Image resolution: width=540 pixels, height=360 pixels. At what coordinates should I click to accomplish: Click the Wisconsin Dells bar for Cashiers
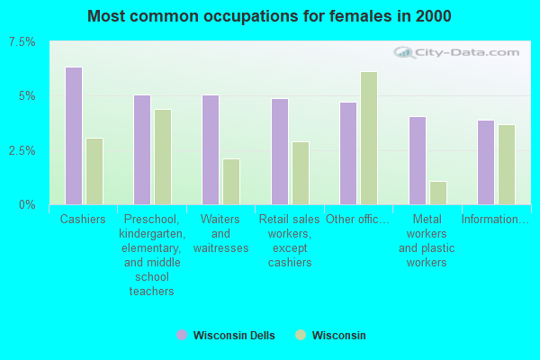pos(74,136)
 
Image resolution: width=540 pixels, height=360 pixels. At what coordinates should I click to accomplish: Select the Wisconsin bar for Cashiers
pos(94,171)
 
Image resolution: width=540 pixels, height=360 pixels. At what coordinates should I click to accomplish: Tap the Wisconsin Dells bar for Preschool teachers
pos(142,149)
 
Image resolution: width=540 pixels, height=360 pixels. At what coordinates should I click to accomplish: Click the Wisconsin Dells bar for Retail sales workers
pos(280,151)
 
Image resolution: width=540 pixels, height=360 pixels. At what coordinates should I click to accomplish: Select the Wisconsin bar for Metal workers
pos(438,193)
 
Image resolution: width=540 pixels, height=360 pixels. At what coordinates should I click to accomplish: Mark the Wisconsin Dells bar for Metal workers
pos(418,160)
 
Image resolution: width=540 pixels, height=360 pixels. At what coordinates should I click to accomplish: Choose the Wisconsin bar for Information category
pos(507,165)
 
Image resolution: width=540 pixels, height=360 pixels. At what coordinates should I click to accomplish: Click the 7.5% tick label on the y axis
pos(22,42)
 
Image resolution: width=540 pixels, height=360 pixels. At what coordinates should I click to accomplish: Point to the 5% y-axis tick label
pos(26,96)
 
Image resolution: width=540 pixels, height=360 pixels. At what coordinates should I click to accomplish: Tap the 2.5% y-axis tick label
pos(22,150)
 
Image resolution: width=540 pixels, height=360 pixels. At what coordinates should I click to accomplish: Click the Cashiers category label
pos(83,220)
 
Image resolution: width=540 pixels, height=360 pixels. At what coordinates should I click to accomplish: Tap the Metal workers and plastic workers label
pos(427,241)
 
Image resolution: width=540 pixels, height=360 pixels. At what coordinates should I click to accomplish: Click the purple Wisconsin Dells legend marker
pos(182,335)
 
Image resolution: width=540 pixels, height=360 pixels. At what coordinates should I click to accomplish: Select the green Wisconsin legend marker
pos(301,335)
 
